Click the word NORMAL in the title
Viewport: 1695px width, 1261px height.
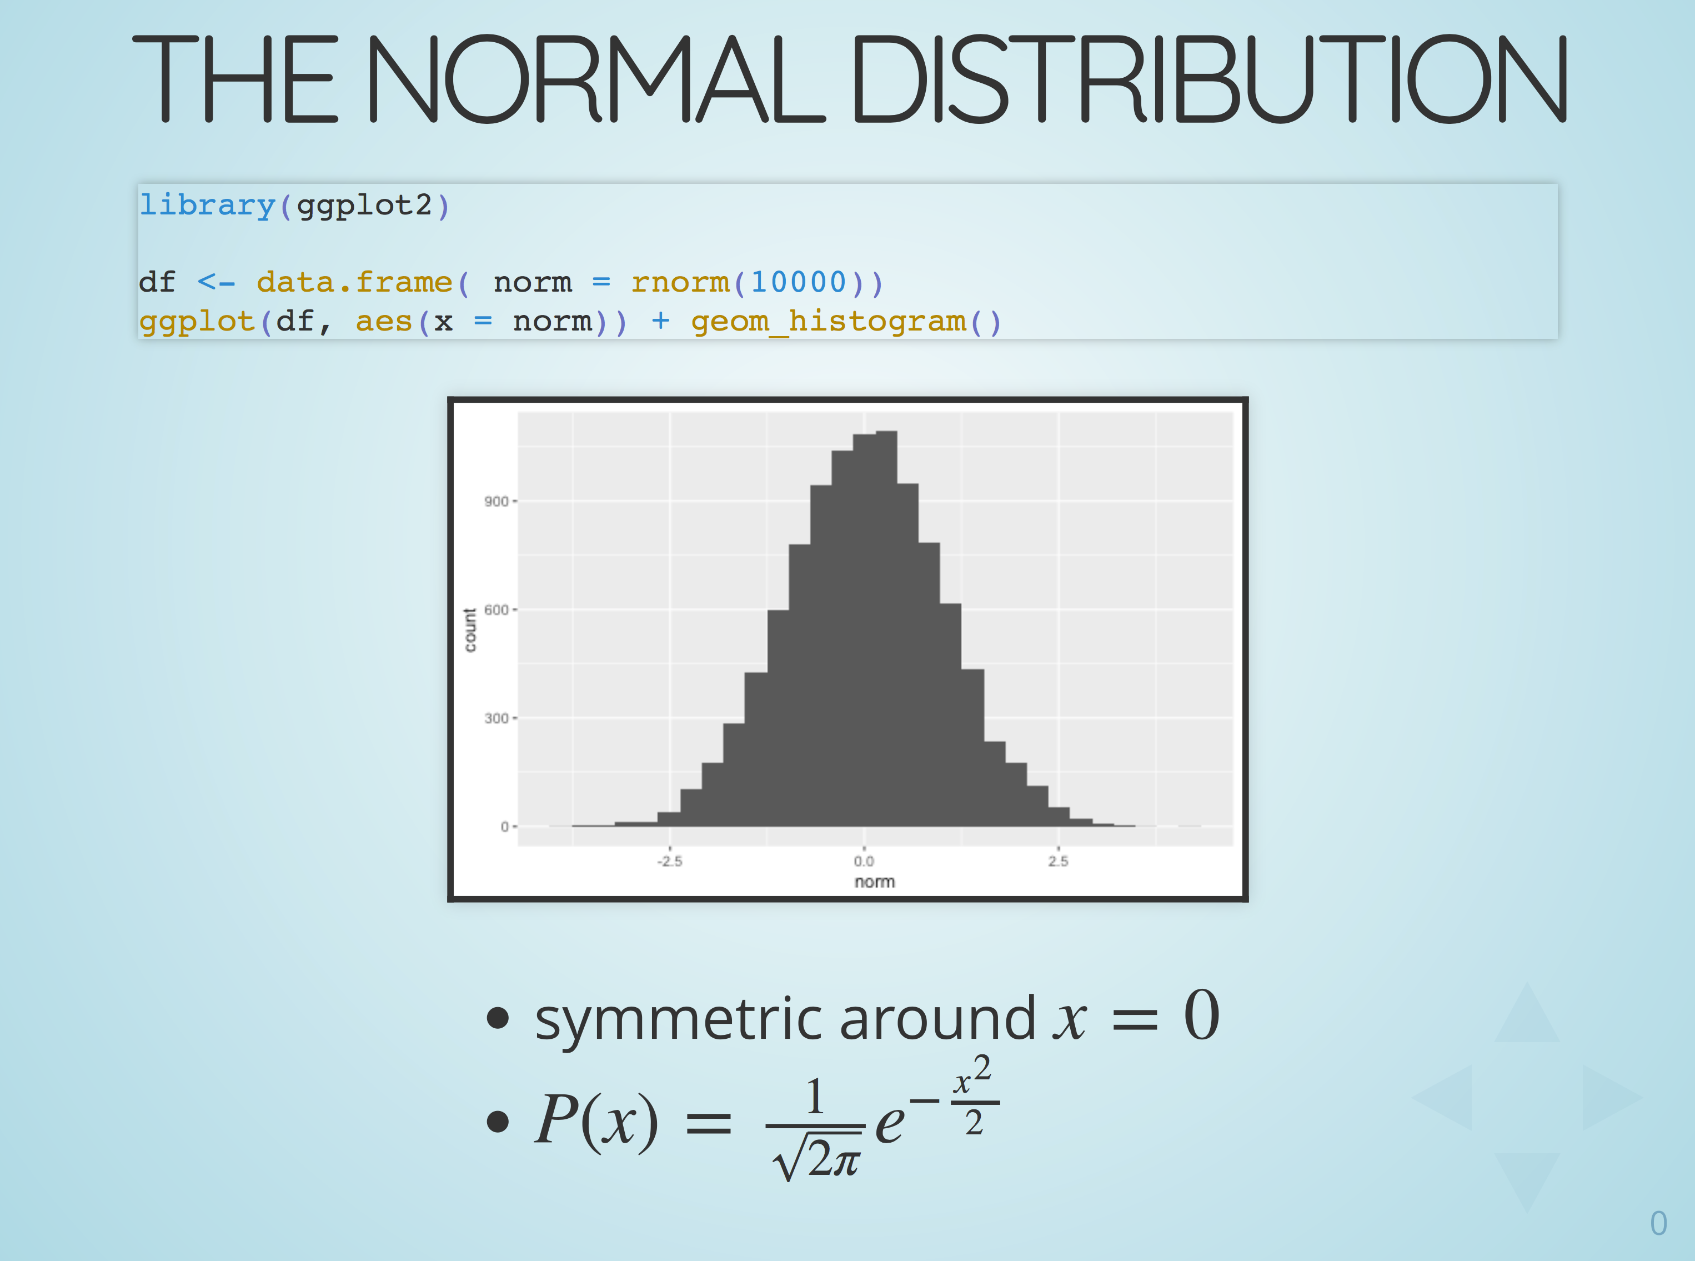(596, 79)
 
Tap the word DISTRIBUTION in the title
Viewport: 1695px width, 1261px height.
(1210, 79)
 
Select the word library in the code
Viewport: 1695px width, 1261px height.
(207, 206)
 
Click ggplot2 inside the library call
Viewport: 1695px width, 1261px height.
(364, 206)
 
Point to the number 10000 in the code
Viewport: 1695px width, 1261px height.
(798, 282)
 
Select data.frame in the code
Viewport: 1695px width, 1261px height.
(354, 282)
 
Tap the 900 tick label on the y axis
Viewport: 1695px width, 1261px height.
(496, 502)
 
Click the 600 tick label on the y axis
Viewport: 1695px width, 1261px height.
(496, 610)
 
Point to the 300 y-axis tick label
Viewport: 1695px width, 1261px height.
(496, 718)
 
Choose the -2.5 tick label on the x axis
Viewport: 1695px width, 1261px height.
(670, 862)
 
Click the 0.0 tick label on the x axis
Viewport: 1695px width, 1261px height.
(864, 862)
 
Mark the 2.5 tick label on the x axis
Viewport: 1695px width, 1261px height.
(1059, 862)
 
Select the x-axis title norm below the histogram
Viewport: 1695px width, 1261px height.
(875, 882)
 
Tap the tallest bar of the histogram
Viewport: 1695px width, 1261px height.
(886, 629)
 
